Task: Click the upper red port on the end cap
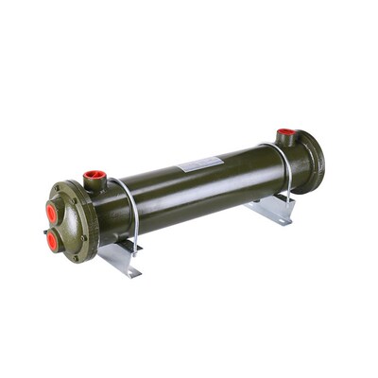51,213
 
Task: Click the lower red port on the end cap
52,241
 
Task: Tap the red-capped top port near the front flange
94,176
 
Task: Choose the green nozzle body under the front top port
94,186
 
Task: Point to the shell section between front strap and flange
113,213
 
